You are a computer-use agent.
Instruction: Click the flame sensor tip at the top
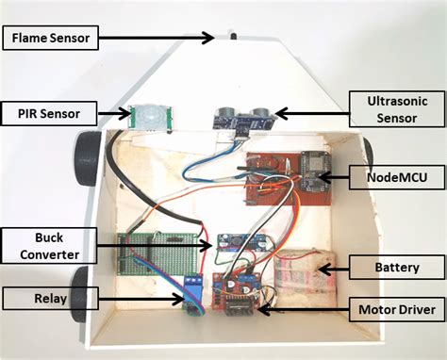point(230,39)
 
